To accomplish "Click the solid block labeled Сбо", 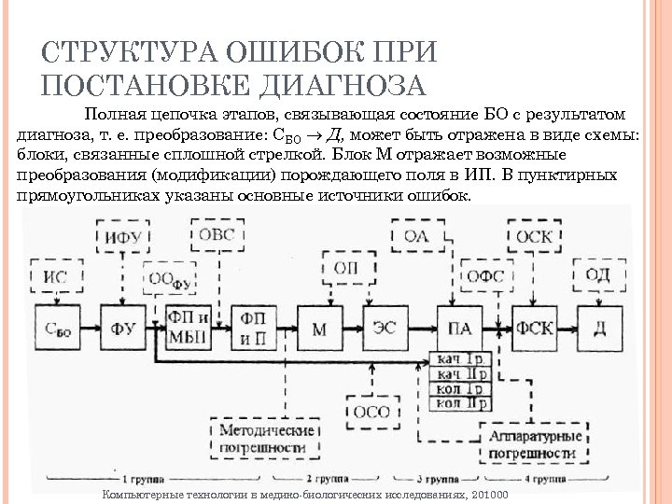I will coord(56,329).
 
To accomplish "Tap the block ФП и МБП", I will coord(189,328).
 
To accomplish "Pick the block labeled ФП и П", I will coord(254,328).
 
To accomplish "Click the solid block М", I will coord(321,329).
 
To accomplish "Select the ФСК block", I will coord(535,329).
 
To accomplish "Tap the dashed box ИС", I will coord(56,276).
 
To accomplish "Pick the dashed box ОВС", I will coord(217,234).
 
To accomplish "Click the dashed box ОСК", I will coord(534,236).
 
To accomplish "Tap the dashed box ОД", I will coord(598,274).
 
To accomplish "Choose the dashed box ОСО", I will coord(373,411).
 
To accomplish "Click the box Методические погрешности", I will coord(265,440).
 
